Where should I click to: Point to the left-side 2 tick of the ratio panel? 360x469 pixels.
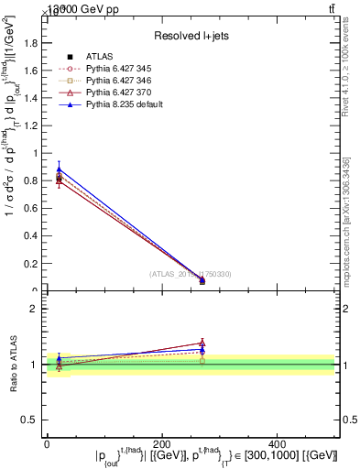pos(34,309)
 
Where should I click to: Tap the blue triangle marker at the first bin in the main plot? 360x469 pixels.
pos(59,169)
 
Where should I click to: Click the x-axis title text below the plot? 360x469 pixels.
pos(216,455)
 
